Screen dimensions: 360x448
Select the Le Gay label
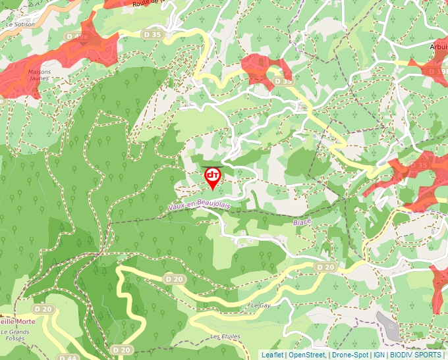[x=260, y=306]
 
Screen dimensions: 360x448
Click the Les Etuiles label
[x=225, y=336]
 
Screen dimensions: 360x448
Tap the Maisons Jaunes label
[x=40, y=76]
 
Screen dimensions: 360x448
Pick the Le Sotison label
[x=20, y=24]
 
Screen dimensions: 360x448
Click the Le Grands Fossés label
[x=18, y=335]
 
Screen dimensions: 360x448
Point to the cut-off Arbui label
[x=437, y=47]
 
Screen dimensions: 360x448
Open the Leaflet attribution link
[x=272, y=355]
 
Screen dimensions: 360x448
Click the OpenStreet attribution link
[x=306, y=355]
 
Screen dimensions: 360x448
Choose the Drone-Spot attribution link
[x=350, y=355]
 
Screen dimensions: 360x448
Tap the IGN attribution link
[x=379, y=355]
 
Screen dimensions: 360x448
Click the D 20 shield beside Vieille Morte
[x=43, y=309]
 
